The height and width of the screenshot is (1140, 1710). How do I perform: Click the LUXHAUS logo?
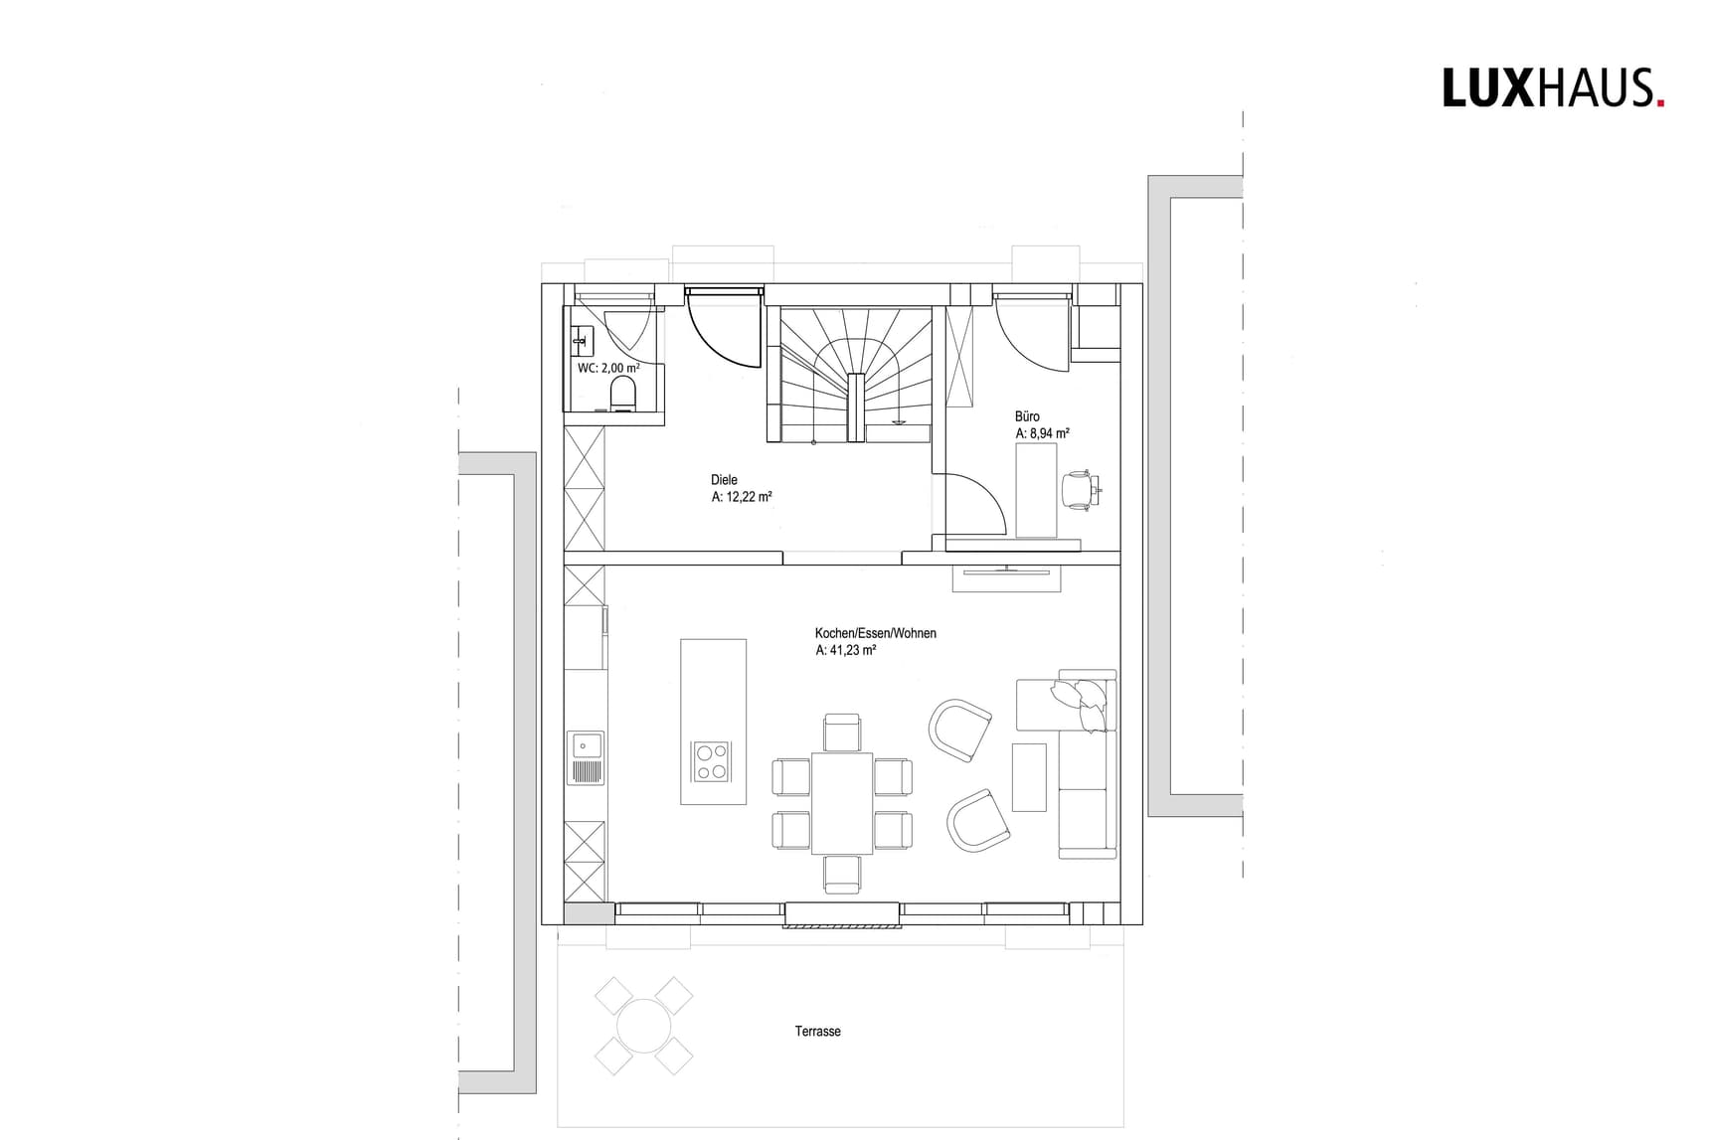pyautogui.click(x=1553, y=88)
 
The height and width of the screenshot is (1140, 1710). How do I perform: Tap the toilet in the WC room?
pyautogui.click(x=623, y=393)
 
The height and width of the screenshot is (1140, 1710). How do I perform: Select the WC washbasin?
pyautogui.click(x=581, y=342)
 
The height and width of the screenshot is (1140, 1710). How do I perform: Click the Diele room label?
pyautogui.click(x=724, y=480)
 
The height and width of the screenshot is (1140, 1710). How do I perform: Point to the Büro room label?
pyautogui.click(x=1027, y=417)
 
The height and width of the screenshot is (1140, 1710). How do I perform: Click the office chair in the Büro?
pyautogui.click(x=1078, y=490)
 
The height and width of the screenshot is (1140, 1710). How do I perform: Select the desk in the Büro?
pyautogui.click(x=1036, y=491)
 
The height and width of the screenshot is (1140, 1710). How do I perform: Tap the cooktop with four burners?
pyautogui.click(x=711, y=762)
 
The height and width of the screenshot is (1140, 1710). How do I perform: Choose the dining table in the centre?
pyautogui.click(x=842, y=803)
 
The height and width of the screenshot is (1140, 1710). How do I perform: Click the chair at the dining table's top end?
pyautogui.click(x=842, y=733)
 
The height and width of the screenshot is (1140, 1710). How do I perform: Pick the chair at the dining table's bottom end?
pyautogui.click(x=842, y=873)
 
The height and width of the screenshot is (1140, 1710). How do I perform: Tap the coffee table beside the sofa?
pyautogui.click(x=1029, y=776)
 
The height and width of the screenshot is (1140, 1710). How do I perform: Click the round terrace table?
pyautogui.click(x=643, y=1026)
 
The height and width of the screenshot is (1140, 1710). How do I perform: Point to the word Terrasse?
pyautogui.click(x=817, y=1032)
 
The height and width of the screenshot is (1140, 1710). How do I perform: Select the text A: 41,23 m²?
pyautogui.click(x=845, y=651)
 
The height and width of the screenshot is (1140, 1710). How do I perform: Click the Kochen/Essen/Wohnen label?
pyautogui.click(x=875, y=633)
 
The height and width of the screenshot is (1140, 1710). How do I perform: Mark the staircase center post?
pyautogui.click(x=854, y=406)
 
